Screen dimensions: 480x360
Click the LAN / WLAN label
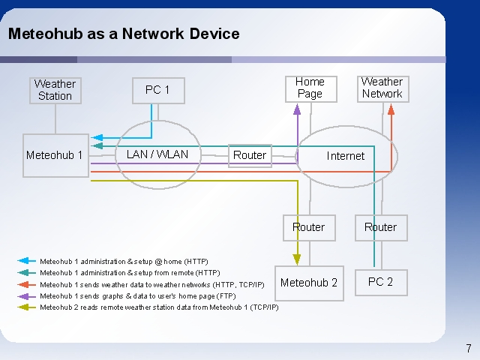pos(157,154)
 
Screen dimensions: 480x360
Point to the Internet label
pos(346,156)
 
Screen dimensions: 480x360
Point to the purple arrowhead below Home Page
pos(297,109)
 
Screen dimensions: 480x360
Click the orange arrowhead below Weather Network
pos(391,109)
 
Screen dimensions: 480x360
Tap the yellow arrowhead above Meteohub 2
pos(297,259)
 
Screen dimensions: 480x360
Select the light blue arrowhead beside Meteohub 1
pos(97,138)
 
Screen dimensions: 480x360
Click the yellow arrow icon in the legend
pos(27,307)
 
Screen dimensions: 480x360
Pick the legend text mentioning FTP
pos(138,296)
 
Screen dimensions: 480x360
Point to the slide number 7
pos(469,348)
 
